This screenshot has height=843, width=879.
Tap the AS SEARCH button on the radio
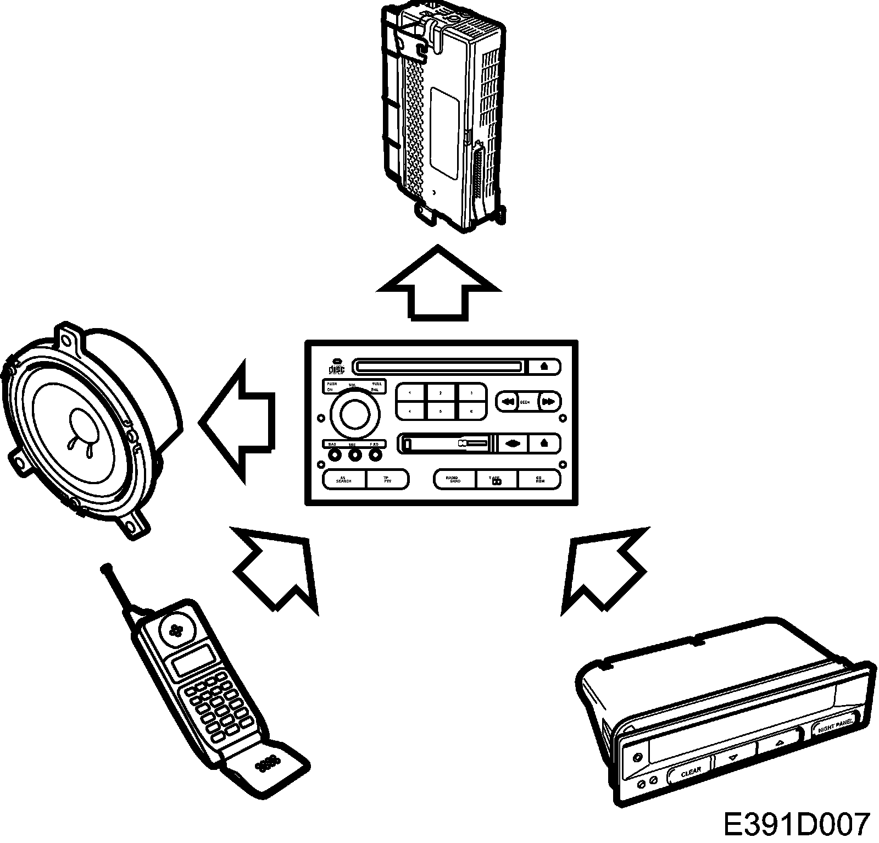pyautogui.click(x=343, y=480)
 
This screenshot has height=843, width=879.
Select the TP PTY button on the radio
pyautogui.click(x=387, y=480)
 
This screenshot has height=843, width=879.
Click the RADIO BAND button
pyautogui.click(x=454, y=480)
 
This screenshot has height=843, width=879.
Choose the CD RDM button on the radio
pyautogui.click(x=539, y=480)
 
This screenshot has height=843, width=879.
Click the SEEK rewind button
pyautogui.click(x=508, y=402)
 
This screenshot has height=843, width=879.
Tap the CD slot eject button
pyautogui.click(x=543, y=366)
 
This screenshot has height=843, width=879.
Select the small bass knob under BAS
pyautogui.click(x=333, y=454)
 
